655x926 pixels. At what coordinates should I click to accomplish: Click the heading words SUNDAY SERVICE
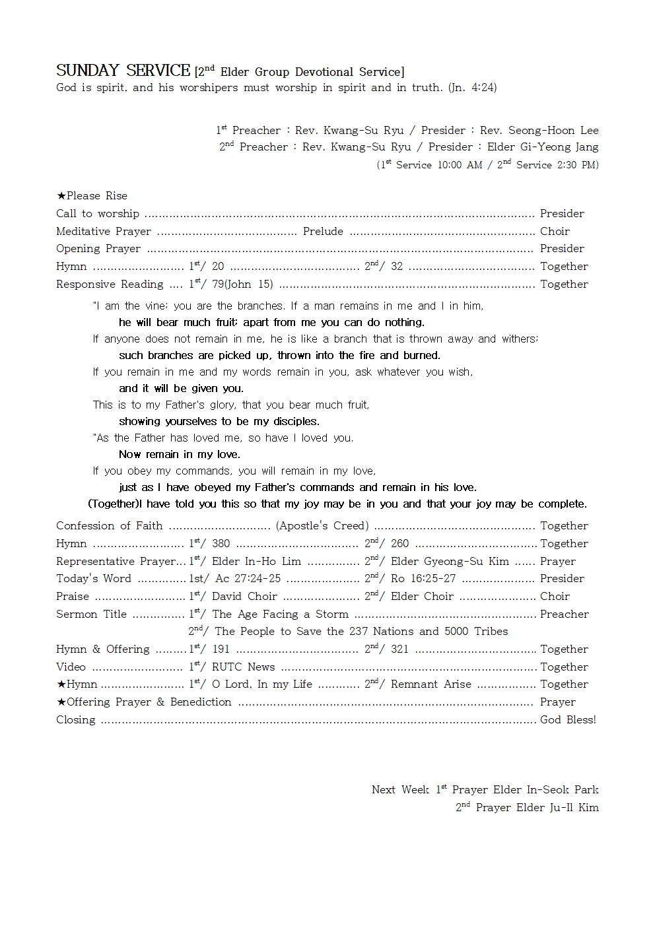pos(123,71)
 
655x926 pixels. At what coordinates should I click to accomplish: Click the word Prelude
pos(323,231)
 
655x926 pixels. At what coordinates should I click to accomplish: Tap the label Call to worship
pos(98,213)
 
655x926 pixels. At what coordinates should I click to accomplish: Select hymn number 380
pos(221,544)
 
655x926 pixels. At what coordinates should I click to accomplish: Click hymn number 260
pos(399,544)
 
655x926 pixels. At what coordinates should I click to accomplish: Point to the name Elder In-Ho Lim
pos(256,562)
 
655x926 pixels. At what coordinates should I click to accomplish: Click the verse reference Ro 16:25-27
pos(423,579)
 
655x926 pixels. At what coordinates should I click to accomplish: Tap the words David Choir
pos(244,597)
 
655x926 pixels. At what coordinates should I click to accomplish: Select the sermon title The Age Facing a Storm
pos(280,614)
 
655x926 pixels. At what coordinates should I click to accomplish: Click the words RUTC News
pos(243,667)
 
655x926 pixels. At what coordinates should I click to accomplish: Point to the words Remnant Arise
pos(431,684)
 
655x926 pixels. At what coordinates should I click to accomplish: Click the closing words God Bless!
pos(568,720)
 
